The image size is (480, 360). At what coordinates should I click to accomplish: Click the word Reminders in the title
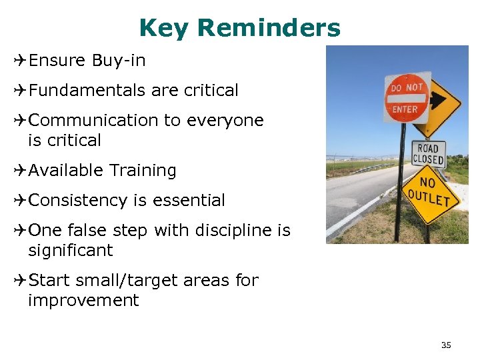[x=269, y=28]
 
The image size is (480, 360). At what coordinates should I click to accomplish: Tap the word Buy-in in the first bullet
[x=119, y=61]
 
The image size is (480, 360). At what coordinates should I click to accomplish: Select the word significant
[x=71, y=251]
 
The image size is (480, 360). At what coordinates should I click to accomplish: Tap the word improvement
[x=83, y=301]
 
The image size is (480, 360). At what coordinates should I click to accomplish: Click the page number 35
[x=446, y=345]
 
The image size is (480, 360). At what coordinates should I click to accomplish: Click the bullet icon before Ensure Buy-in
[x=19, y=61]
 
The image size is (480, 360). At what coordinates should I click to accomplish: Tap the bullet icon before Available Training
[x=19, y=171]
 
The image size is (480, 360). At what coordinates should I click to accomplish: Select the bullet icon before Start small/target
[x=19, y=281]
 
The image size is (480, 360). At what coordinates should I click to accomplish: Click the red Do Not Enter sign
[x=407, y=98]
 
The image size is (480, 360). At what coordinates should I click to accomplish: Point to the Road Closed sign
[x=428, y=153]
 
